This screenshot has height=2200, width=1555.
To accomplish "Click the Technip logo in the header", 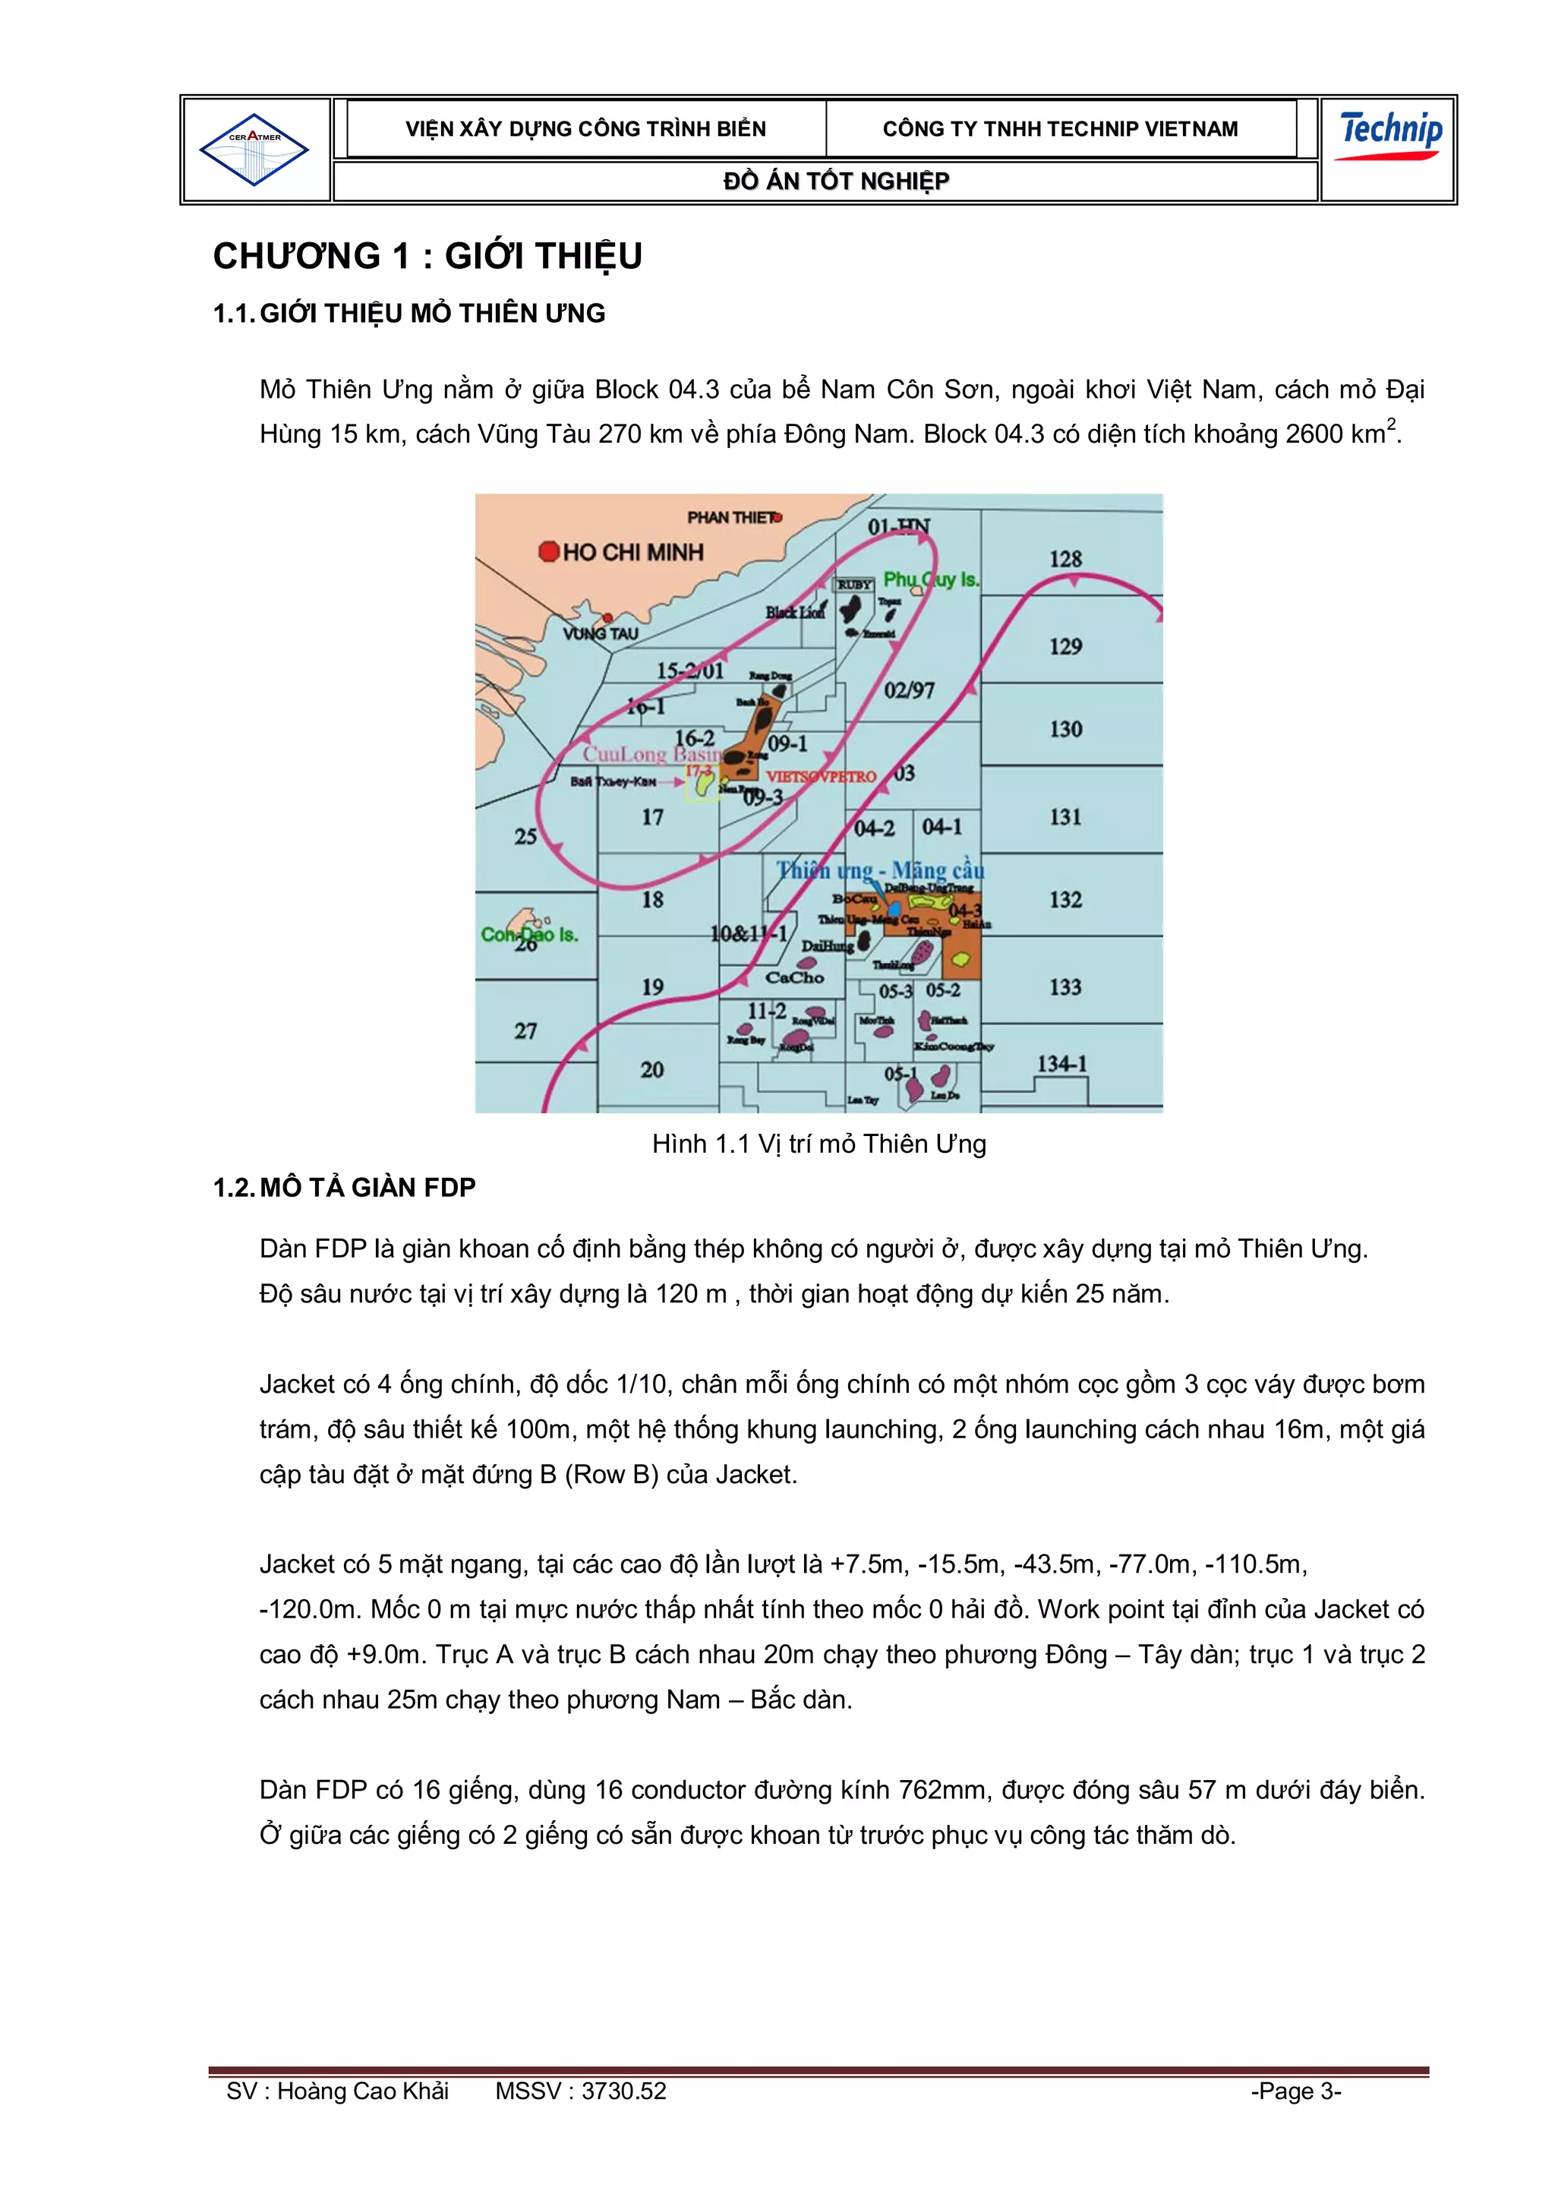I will (x=1389, y=136).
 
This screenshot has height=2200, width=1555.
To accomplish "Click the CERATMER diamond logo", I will (x=254, y=150).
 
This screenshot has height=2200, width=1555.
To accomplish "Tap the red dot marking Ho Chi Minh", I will (x=549, y=551).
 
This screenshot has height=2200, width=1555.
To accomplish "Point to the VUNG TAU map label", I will (x=600, y=633).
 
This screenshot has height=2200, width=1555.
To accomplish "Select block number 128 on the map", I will (x=1065, y=559).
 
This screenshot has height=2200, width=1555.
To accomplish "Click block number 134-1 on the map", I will (x=1061, y=1064).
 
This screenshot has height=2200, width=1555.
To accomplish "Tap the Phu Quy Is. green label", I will (x=930, y=579).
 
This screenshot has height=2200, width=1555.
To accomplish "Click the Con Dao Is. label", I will (x=529, y=933).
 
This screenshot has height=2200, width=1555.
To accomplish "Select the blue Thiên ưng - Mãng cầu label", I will (x=879, y=870).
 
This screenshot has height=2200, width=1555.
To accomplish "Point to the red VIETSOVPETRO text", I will (x=821, y=776).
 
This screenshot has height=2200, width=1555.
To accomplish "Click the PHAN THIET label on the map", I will (x=732, y=517).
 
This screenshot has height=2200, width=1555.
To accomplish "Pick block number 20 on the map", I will (x=651, y=1069).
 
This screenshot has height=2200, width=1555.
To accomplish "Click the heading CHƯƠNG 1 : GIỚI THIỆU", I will (x=427, y=256).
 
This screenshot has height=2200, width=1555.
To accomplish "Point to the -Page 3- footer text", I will (x=1295, y=2091).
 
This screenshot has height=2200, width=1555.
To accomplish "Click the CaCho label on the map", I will (x=794, y=977).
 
